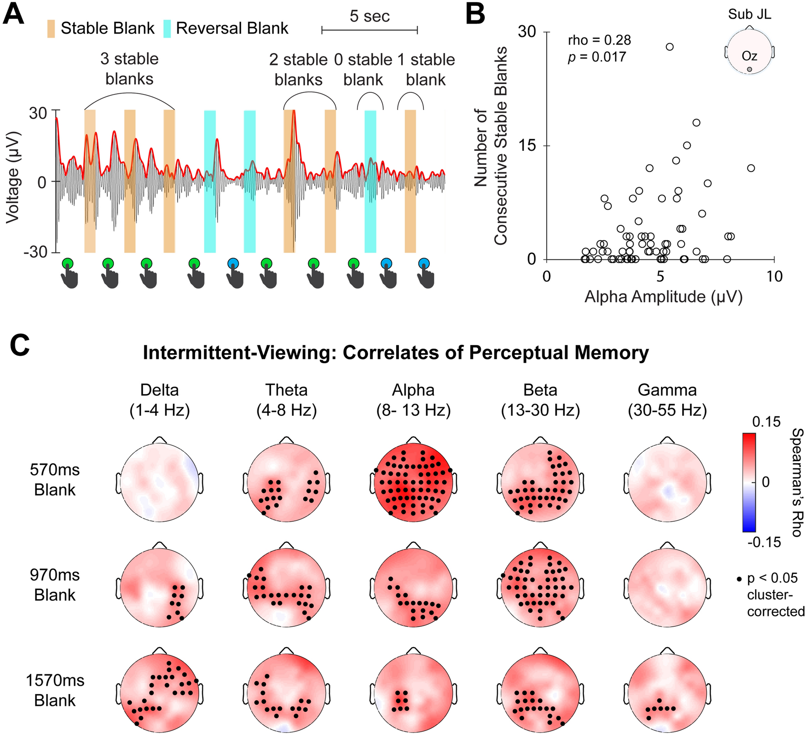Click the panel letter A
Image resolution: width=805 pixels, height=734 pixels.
(x=13, y=15)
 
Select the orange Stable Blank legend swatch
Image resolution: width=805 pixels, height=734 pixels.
(x=50, y=28)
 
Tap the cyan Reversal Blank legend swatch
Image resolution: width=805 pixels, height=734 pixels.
(x=167, y=28)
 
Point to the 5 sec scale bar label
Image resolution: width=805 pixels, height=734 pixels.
(x=369, y=16)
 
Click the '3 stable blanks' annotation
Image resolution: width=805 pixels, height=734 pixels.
(x=129, y=69)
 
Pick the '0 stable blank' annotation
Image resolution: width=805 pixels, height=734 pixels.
(x=363, y=70)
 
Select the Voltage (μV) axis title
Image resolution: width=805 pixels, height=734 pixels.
(x=13, y=177)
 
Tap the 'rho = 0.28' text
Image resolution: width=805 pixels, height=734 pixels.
(x=599, y=40)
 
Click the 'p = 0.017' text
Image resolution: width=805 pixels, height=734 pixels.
(x=597, y=57)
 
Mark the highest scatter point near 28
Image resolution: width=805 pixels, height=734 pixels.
(x=669, y=47)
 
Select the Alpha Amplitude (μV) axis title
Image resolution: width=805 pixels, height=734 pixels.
(x=663, y=297)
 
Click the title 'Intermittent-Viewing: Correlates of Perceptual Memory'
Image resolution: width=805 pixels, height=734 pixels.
(x=396, y=353)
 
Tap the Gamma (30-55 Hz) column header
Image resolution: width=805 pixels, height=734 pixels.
(x=667, y=400)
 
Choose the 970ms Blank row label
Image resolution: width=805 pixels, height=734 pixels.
(x=55, y=585)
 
